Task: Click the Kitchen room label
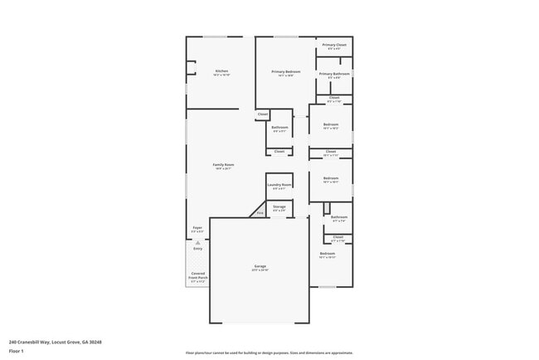[x=221, y=72]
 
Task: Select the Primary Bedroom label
[x=286, y=73]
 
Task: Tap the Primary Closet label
[x=334, y=46]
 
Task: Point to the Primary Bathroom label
[x=334, y=75]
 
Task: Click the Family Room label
[x=224, y=166]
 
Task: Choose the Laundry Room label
[x=279, y=186]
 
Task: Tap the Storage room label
[x=279, y=207]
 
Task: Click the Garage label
[x=260, y=268]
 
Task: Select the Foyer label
[x=197, y=228]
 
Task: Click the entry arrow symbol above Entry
[x=197, y=241]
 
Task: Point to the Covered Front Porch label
[x=197, y=278]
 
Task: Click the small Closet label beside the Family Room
[x=263, y=114]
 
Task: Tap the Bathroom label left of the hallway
[x=279, y=129]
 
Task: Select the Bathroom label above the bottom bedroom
[x=338, y=218]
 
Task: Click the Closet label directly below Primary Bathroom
[x=334, y=99]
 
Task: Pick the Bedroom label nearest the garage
[x=328, y=255]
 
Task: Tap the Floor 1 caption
[x=17, y=351]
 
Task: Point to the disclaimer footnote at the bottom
[x=269, y=353]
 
